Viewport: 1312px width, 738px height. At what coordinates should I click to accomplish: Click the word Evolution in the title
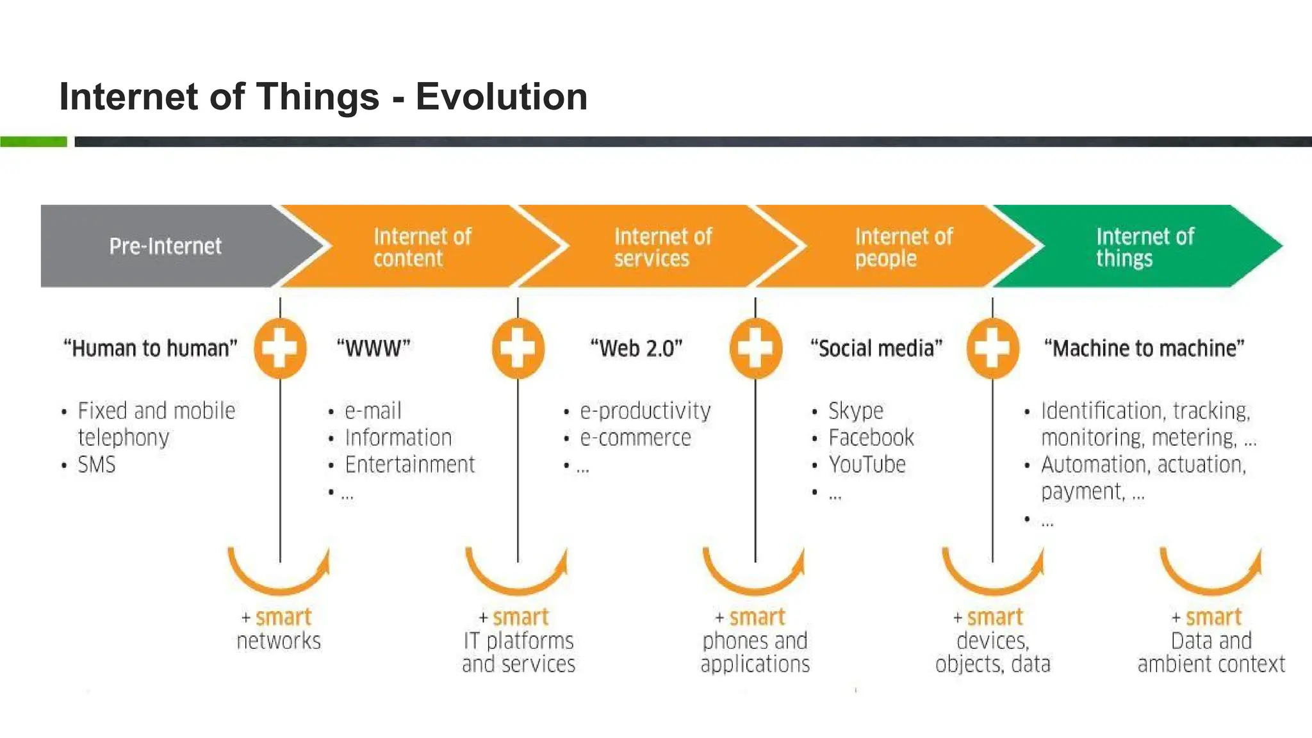pyautogui.click(x=501, y=97)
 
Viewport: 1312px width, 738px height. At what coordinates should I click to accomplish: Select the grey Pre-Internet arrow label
pyautogui.click(x=165, y=246)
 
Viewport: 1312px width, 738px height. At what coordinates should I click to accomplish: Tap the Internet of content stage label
pyautogui.click(x=422, y=247)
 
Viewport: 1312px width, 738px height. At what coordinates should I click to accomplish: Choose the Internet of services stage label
pyautogui.click(x=662, y=247)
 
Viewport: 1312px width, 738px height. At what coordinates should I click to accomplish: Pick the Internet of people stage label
pyautogui.click(x=903, y=247)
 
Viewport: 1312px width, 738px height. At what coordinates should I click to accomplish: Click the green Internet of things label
pyautogui.click(x=1144, y=247)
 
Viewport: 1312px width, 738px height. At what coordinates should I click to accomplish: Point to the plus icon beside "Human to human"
pyautogui.click(x=280, y=348)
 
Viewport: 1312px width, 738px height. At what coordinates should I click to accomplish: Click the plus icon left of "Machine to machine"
pyautogui.click(x=992, y=348)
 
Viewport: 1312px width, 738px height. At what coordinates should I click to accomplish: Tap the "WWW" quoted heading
pyautogui.click(x=373, y=348)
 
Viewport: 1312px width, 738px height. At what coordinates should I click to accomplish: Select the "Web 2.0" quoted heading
pyautogui.click(x=636, y=348)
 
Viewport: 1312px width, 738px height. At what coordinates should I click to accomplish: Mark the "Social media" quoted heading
pyautogui.click(x=876, y=348)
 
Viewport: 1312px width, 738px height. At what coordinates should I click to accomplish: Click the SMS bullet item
pyautogui.click(x=97, y=464)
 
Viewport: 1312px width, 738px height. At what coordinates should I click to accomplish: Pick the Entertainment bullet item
pyautogui.click(x=410, y=464)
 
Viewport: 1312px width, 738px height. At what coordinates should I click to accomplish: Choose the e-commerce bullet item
pyautogui.click(x=635, y=438)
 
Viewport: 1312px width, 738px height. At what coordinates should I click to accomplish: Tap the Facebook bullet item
pyautogui.click(x=871, y=438)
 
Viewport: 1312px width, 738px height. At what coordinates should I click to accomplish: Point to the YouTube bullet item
pyautogui.click(x=867, y=464)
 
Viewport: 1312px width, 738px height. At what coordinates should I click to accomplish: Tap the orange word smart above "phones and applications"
pyautogui.click(x=757, y=617)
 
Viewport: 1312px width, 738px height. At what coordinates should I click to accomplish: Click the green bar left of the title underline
pyautogui.click(x=33, y=142)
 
